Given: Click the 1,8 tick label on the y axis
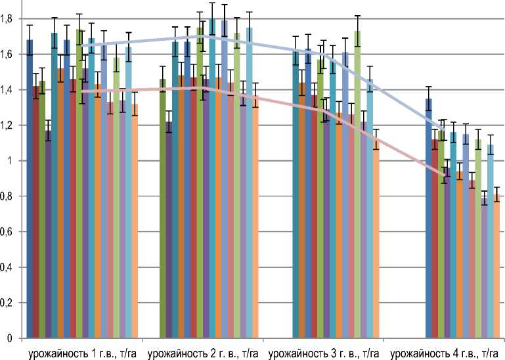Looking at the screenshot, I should [x=7, y=19].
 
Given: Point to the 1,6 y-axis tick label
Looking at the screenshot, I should [x=7, y=55].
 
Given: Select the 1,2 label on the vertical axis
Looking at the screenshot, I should [x=7, y=125].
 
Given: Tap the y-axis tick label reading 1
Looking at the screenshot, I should [x=11, y=161].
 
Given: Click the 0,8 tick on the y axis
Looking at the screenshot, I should [x=7, y=196].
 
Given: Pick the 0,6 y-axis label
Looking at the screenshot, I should [x=7, y=232].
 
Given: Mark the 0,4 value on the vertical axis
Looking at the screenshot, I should [x=7, y=267].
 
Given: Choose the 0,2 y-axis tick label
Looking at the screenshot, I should [x=7, y=303].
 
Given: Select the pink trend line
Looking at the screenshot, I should [x=263, y=98].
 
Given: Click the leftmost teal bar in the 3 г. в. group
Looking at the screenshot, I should [x=296, y=197].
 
